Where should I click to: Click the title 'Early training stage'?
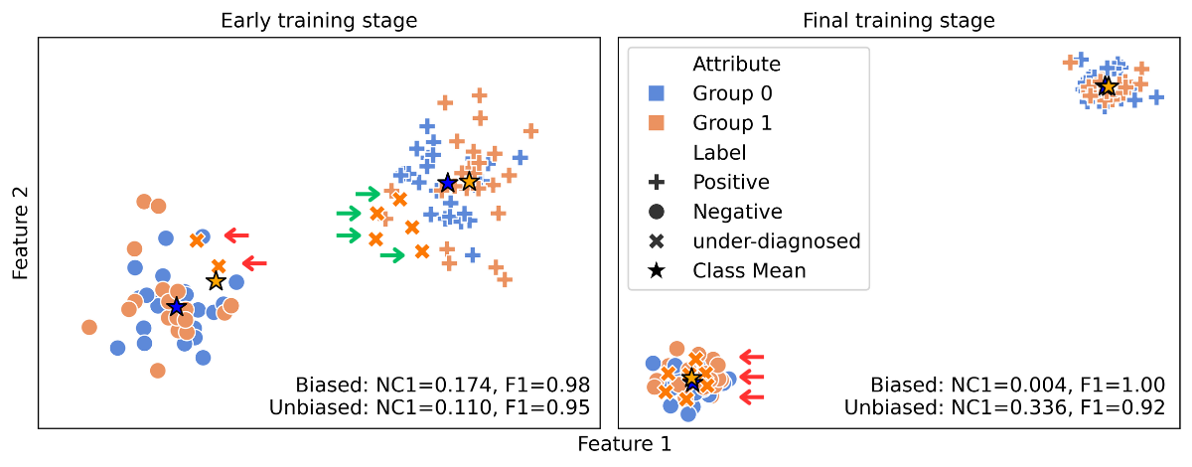click(319, 20)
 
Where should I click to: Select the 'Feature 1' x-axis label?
click(625, 444)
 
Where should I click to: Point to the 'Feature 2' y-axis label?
click(21, 233)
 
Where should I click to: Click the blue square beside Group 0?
click(656, 93)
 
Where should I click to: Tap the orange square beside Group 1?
click(656, 123)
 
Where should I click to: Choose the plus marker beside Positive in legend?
click(656, 182)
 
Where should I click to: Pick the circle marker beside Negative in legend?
click(656, 212)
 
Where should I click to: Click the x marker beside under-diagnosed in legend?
click(656, 241)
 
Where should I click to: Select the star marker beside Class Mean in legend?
click(656, 270)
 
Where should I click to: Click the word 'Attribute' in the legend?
click(736, 65)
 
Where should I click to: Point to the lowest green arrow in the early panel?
click(392, 255)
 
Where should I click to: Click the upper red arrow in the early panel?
click(236, 234)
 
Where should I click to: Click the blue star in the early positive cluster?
click(447, 183)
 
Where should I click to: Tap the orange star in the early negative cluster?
click(216, 281)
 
